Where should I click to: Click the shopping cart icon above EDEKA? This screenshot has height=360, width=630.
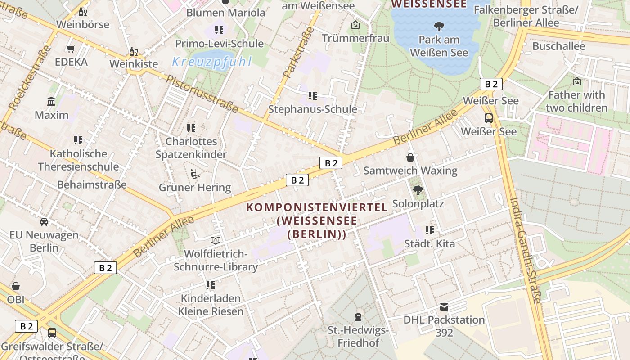pos(71,49)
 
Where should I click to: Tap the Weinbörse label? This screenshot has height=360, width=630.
pos(83,24)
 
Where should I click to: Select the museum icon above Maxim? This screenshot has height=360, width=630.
pos(51,102)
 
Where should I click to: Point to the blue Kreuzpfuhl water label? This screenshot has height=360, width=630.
pos(212,62)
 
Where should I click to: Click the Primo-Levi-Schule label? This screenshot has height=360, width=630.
pos(219,44)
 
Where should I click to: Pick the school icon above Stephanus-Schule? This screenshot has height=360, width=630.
pos(313,96)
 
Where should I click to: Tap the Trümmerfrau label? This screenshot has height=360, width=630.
pos(355,38)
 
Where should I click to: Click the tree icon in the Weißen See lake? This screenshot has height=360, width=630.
pos(439,27)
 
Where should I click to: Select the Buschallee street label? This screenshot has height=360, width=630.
pos(558,46)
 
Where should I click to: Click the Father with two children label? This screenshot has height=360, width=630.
pos(576,101)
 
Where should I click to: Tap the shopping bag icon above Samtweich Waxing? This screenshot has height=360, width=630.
pos(410,157)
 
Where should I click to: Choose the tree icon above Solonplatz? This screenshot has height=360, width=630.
pos(418,190)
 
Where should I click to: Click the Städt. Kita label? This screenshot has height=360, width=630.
pos(429,244)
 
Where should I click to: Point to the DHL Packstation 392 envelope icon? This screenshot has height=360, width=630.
pos(444,307)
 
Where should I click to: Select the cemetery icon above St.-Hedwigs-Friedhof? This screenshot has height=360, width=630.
pos(358,317)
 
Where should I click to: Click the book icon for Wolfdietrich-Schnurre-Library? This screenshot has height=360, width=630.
pos(216,241)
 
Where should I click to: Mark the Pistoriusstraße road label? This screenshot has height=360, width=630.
pos(202,94)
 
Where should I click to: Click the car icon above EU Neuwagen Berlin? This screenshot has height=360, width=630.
pos(44,221)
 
